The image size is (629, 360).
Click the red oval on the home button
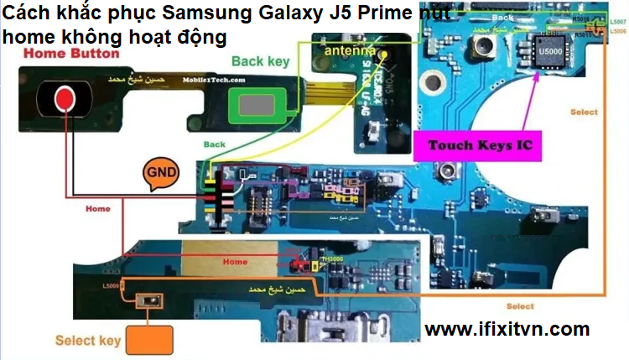(x=64, y=100)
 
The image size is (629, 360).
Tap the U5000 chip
(x=549, y=52)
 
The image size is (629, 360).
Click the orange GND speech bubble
(x=160, y=171)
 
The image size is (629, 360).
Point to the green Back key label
(x=260, y=61)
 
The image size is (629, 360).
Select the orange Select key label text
(x=88, y=341)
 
